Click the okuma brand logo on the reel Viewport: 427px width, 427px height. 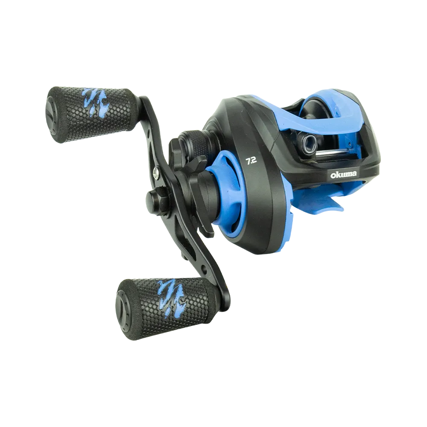343,175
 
